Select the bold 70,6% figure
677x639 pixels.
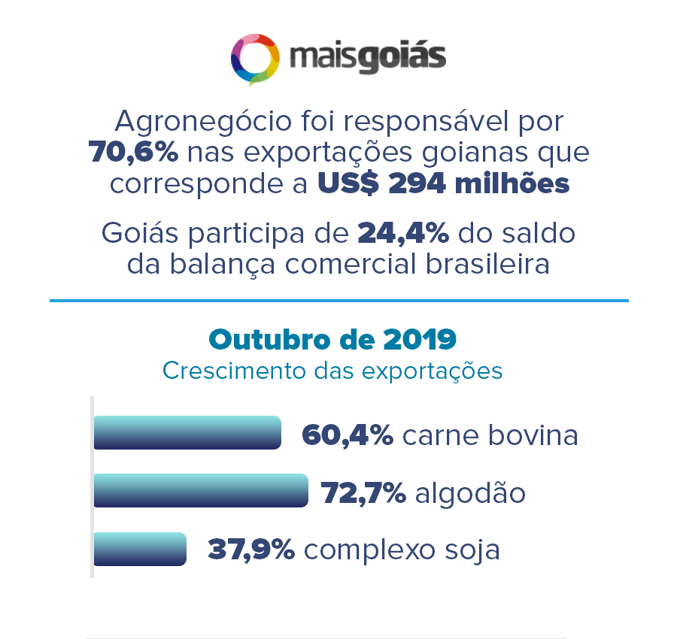(134, 153)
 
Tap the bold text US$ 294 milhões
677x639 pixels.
(443, 184)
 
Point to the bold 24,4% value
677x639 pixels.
(403, 233)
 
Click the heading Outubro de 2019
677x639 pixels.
(332, 339)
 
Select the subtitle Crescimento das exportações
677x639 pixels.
(332, 371)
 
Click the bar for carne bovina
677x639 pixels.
(187, 432)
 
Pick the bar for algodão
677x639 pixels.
(201, 490)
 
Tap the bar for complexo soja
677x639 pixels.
(140, 549)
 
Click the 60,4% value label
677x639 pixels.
(347, 435)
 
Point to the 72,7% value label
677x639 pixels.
(363, 493)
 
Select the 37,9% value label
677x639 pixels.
(251, 550)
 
